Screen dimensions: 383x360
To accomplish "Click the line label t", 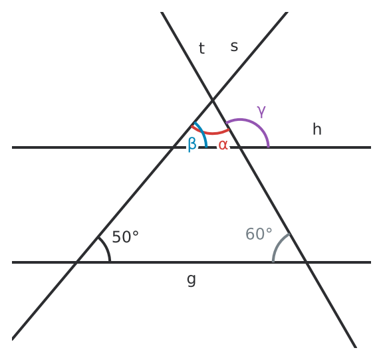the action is (x=201, y=48).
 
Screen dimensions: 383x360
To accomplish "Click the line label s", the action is (x=234, y=46).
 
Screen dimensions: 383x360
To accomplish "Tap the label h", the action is (x=317, y=129).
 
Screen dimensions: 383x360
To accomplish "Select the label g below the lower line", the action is (x=191, y=280).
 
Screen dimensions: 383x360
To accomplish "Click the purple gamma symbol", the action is (x=261, y=112).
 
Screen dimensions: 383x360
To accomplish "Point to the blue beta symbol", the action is (x=192, y=144).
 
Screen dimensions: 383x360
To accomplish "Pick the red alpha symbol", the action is (x=223, y=145).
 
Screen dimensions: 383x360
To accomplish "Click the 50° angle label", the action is (x=125, y=236).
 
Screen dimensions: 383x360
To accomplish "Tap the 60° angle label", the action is (x=259, y=234).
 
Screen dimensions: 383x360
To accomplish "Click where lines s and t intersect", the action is (x=213, y=100).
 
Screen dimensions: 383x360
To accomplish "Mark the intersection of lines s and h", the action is (x=173, y=147).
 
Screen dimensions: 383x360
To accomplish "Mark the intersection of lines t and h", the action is (x=240, y=147).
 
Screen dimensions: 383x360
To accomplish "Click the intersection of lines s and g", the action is (x=76, y=262).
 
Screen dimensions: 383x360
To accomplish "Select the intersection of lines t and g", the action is (x=307, y=262).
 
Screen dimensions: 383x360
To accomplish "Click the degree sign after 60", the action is (x=269, y=230).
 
